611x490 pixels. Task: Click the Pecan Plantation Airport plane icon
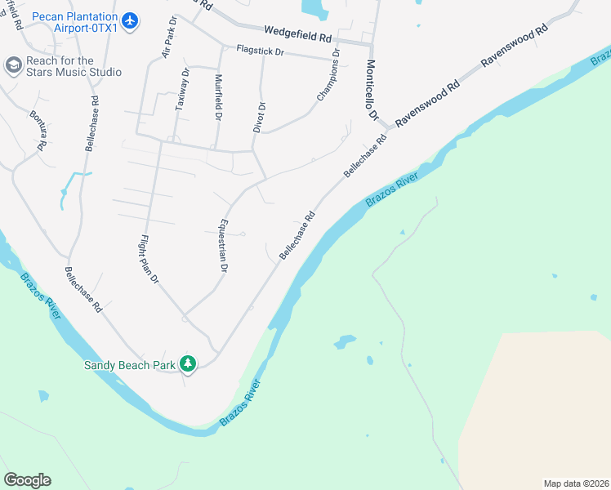click(x=130, y=19)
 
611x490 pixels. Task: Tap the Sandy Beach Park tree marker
click(x=189, y=363)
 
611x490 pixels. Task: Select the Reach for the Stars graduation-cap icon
click(x=12, y=65)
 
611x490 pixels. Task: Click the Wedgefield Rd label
click(x=297, y=34)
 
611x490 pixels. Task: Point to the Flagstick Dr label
click(x=260, y=51)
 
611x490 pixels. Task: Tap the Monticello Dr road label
click(x=372, y=91)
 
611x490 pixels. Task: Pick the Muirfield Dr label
click(x=218, y=97)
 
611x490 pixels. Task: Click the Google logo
click(x=27, y=480)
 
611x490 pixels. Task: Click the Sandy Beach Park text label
click(x=129, y=365)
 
